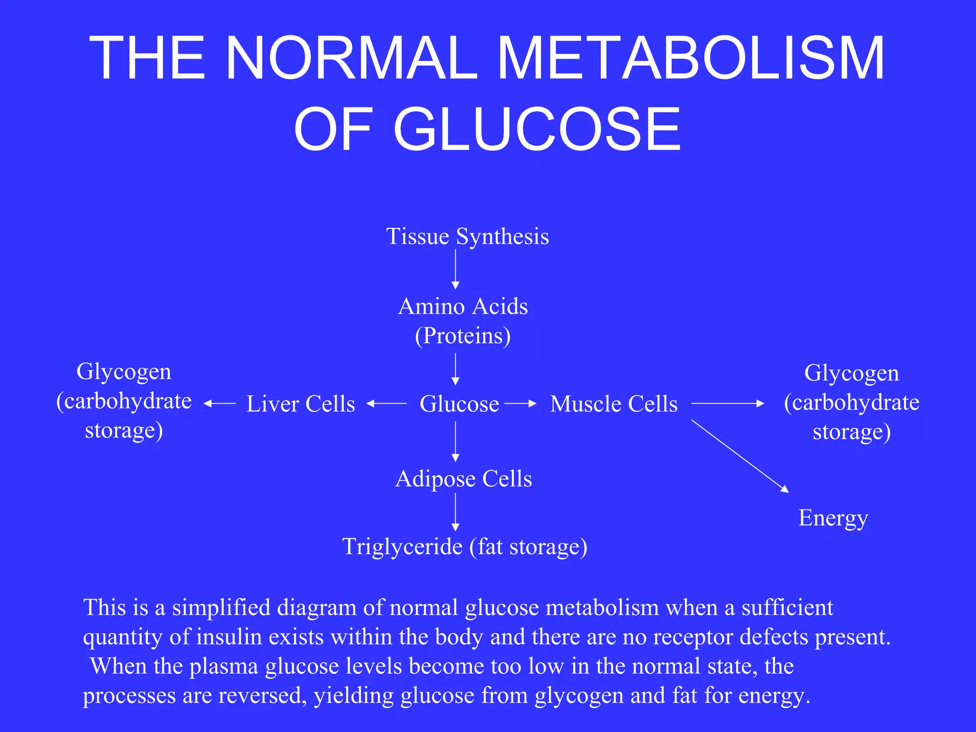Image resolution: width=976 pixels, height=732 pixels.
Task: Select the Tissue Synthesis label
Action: coord(467,236)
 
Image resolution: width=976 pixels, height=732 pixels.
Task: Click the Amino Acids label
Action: coord(463,306)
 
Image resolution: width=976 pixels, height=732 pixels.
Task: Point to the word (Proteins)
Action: coord(463,336)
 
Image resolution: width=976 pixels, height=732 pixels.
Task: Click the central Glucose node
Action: coord(459,404)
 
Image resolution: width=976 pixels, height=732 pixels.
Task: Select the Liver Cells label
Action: coord(300,404)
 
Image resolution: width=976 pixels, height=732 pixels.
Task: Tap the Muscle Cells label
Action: coord(613,404)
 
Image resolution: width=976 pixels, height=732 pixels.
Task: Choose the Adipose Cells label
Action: coord(463,478)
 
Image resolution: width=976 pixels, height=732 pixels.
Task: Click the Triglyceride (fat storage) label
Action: coord(465,547)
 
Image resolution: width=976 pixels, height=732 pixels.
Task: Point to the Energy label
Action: coord(833,518)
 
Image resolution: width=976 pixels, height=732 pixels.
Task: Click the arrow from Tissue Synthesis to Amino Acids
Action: coord(455,269)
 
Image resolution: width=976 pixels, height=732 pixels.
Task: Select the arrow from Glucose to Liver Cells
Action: coord(386,404)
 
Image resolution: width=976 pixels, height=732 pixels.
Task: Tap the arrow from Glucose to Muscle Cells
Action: coord(520,404)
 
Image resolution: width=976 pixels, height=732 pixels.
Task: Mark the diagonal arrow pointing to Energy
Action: coord(740,456)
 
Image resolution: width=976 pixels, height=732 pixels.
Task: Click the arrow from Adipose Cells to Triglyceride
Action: coord(455,512)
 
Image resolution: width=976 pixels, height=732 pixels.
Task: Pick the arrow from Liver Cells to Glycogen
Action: coord(220,404)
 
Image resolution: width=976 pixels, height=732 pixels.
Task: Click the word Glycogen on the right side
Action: coord(851,373)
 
